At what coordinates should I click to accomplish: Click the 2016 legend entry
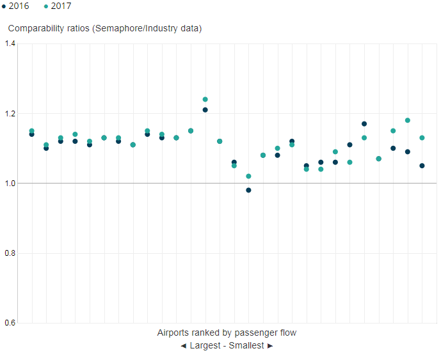point(15,6)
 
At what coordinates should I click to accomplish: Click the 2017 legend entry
point(58,6)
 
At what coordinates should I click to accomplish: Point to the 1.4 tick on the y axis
point(10,43)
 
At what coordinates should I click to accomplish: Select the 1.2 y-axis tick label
point(10,114)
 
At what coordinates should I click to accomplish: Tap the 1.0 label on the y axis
point(10,184)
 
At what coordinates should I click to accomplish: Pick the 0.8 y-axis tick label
point(10,253)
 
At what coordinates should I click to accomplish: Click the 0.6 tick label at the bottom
point(10,323)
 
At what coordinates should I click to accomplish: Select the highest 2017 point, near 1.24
point(205,100)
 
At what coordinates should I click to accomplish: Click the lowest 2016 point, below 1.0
point(249,190)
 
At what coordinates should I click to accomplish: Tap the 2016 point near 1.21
point(205,110)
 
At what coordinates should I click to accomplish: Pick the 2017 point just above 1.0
point(249,176)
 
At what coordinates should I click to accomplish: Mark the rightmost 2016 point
point(422,166)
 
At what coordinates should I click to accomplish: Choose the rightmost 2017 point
point(422,138)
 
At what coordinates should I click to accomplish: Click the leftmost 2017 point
point(32,131)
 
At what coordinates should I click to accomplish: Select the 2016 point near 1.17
point(364,124)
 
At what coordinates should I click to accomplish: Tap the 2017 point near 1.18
point(408,120)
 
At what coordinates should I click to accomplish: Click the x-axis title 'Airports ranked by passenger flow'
point(227,333)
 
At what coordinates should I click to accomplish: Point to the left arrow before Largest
point(183,346)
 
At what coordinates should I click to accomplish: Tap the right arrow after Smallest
point(270,346)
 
